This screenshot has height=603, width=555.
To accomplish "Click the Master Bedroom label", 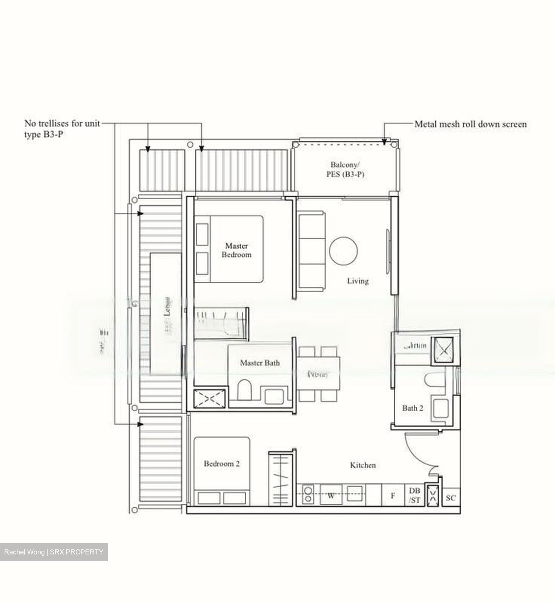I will (236, 250).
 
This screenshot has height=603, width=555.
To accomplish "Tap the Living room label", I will (358, 281).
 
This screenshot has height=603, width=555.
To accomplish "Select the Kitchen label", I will (363, 465).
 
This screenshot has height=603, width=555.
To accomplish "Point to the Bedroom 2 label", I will (221, 464).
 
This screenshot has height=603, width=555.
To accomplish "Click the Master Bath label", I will (259, 363).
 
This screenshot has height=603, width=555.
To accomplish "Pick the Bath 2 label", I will (412, 407).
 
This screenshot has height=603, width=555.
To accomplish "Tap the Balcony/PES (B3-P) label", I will (345, 170).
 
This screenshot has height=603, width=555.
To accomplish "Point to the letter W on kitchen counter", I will (331, 496).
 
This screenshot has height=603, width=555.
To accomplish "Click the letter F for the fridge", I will (393, 496).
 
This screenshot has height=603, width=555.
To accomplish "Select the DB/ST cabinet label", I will (415, 495).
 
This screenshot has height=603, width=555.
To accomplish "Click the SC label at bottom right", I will (451, 498).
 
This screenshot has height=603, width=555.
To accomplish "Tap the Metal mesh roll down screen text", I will (470, 124).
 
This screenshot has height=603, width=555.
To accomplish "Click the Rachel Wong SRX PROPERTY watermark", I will (54, 552).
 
